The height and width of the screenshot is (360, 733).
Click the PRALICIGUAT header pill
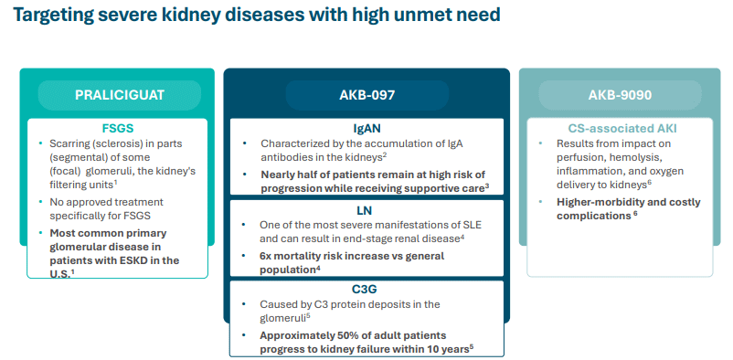120,95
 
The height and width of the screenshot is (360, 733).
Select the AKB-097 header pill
367,95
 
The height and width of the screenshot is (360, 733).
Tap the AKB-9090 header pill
620,95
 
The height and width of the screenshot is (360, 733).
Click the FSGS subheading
118,129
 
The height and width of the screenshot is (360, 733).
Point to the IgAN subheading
367,128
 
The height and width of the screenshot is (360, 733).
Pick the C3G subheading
367,290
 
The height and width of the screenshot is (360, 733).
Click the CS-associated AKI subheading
620,129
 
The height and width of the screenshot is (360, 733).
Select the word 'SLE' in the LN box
473,225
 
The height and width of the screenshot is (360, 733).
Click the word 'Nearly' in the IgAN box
276,175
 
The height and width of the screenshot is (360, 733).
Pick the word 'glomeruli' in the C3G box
281,319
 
